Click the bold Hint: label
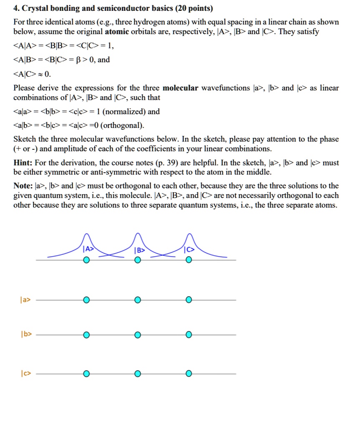coord(24,163)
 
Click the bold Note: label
coord(24,186)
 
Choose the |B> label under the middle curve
coord(139,251)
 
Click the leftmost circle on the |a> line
coord(86,300)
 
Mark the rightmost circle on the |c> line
coord(189,374)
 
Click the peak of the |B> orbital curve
coord(138,235)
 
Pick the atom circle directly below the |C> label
coord(189,260)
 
